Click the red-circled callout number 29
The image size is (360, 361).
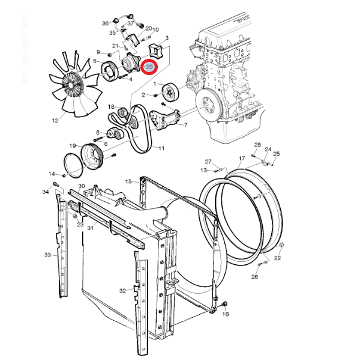[151, 67]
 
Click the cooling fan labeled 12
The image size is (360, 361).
[75, 84]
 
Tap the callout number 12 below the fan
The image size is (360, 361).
[55, 120]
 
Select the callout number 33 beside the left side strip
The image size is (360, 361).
[47, 255]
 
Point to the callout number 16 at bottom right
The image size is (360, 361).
[226, 314]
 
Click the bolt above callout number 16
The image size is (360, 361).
[224, 304]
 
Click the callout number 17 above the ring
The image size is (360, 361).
[242, 160]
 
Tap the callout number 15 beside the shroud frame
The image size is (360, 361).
[128, 181]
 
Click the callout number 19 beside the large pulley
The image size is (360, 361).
[72, 146]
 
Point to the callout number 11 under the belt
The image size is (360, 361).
[161, 147]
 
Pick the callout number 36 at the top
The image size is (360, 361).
[105, 23]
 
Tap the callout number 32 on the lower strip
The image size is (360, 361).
[122, 291]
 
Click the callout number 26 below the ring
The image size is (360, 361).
[254, 277]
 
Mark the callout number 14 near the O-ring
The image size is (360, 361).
[52, 174]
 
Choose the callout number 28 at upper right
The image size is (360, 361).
[257, 145]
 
